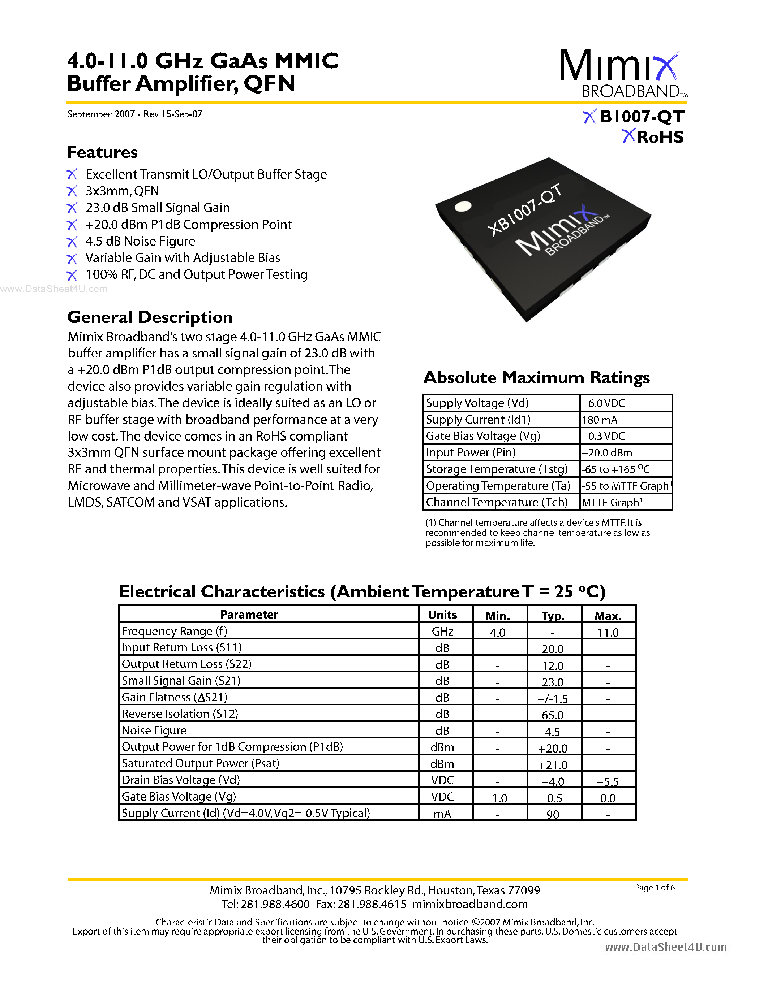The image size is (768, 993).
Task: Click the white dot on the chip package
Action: (x=463, y=207)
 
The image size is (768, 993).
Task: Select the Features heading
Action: (x=102, y=152)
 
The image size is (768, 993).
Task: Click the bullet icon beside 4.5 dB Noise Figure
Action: (x=72, y=242)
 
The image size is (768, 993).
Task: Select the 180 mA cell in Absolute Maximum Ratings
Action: (x=600, y=420)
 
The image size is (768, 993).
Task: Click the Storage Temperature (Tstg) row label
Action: (x=496, y=469)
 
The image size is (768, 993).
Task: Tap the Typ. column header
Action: (x=553, y=616)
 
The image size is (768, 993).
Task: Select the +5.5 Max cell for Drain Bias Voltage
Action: (x=608, y=781)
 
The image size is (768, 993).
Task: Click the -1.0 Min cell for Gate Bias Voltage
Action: (x=497, y=798)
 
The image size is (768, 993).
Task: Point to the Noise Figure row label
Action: (x=154, y=730)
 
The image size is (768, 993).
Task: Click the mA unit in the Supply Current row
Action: (x=442, y=814)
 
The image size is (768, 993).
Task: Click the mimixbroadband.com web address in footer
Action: (x=469, y=904)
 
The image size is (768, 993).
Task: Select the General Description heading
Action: (x=150, y=317)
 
